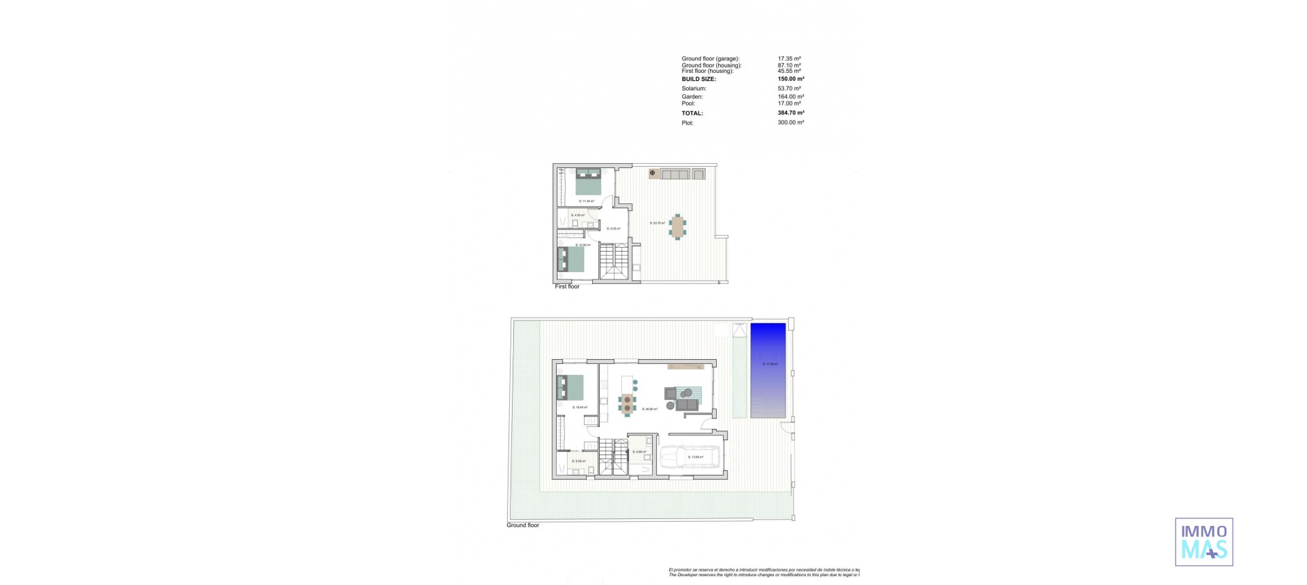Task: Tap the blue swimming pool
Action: [768, 370]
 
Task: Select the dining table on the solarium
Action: [677, 227]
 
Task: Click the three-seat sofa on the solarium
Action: [675, 175]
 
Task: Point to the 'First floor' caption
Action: [567, 287]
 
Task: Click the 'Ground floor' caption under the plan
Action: [523, 525]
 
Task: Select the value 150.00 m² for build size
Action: [791, 79]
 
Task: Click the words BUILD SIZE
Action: [698, 80]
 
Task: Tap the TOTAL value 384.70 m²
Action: [791, 113]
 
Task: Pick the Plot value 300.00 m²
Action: [791, 123]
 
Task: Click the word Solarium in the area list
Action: [694, 89]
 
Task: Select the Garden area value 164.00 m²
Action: [791, 97]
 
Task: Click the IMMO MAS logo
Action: [1204, 541]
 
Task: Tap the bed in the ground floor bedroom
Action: [570, 387]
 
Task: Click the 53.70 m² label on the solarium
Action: [657, 223]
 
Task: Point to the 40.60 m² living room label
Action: [649, 409]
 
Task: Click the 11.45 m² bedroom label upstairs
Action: [586, 201]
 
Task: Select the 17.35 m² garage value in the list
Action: [790, 59]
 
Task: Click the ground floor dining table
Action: [627, 404]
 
